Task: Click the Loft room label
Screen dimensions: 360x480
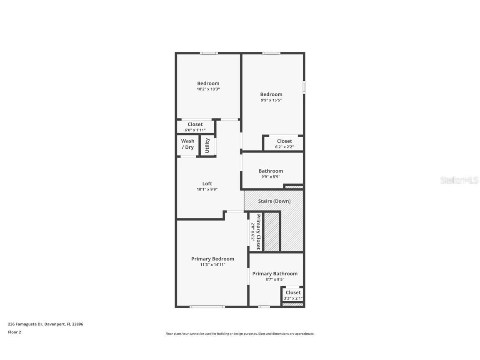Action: pos(207,183)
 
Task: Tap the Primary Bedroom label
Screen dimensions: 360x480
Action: pos(212,259)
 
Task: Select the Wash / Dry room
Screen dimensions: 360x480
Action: pos(187,144)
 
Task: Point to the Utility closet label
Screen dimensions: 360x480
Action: pos(207,145)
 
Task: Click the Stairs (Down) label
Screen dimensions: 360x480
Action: pos(274,201)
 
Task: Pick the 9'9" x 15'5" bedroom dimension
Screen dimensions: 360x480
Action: pos(271,100)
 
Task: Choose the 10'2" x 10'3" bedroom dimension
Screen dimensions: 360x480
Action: pos(208,89)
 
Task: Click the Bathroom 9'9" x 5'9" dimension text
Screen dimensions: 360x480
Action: pos(270,177)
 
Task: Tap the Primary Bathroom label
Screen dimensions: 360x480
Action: pos(275,274)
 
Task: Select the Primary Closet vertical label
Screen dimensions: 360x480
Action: pos(258,232)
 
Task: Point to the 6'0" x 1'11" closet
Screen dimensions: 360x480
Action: pos(195,127)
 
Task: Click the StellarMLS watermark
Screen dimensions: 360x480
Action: pos(460,180)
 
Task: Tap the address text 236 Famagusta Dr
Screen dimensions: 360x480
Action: pos(45,324)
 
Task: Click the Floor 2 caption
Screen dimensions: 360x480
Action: pos(14,332)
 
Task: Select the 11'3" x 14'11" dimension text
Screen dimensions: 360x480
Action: pos(212,265)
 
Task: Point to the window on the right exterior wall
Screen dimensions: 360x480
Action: pos(304,87)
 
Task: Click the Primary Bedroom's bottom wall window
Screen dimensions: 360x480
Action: pos(207,307)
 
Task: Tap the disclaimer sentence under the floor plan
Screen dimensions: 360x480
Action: pos(240,334)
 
